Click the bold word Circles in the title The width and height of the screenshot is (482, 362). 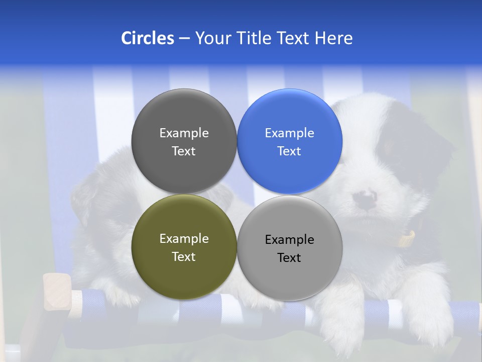click(148, 38)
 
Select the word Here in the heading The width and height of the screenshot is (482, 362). click(333, 38)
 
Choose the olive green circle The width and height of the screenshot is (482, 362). click(184, 274)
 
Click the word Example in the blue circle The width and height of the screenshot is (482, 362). click(289, 133)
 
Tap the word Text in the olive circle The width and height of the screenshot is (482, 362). click(184, 256)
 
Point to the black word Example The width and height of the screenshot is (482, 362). click(289, 240)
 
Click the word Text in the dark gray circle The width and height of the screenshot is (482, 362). click(184, 151)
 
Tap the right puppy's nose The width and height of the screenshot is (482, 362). click(366, 198)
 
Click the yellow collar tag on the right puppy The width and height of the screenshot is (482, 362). click(407, 239)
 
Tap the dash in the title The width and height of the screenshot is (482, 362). click(184, 38)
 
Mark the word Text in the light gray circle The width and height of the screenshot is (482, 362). click(289, 257)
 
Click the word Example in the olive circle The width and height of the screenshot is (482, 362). click(184, 239)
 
